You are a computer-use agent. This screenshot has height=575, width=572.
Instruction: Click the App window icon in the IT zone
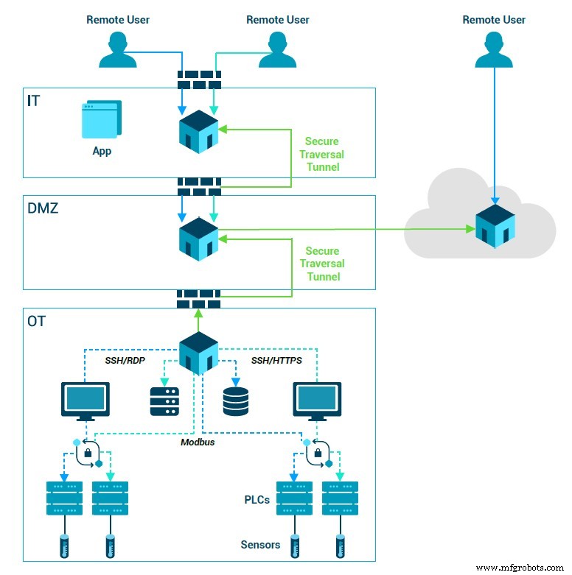pos(102,120)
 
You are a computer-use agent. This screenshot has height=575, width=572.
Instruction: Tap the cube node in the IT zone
pos(198,132)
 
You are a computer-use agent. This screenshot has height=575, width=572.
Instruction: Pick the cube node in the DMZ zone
pos(198,238)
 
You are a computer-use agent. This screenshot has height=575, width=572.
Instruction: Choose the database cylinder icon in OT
pos(236,401)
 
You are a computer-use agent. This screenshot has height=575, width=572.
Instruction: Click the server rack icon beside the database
pos(164,401)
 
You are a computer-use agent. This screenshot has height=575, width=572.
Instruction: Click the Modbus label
pos(198,442)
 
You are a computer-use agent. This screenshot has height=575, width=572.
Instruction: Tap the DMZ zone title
pos(43,208)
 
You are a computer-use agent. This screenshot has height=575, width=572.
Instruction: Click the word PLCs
pos(257,500)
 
